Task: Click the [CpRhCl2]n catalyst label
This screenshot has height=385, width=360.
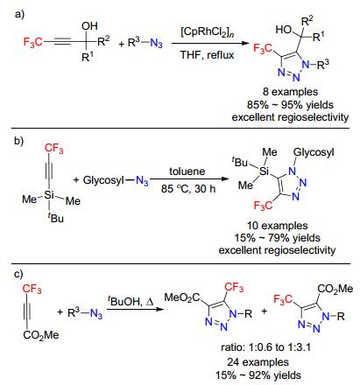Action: [208, 32]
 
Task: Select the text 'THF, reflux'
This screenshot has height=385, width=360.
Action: [207, 55]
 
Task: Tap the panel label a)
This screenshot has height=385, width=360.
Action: [19, 14]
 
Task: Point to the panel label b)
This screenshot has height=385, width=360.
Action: [19, 141]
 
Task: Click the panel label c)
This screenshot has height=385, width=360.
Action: [18, 274]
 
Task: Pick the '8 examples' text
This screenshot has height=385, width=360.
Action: [290, 92]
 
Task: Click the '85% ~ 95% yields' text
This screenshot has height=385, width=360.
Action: [290, 104]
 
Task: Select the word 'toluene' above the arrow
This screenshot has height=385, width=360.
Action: [187, 171]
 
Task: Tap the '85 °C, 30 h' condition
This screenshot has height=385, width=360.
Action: [188, 189]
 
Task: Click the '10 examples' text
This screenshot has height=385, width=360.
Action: [278, 226]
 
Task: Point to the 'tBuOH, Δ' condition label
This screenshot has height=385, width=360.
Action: [131, 301]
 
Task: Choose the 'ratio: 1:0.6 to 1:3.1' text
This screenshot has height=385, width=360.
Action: [265, 347]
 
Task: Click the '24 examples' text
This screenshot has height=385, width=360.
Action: [258, 362]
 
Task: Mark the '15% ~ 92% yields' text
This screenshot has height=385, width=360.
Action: [258, 375]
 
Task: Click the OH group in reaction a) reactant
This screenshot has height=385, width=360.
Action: [89, 26]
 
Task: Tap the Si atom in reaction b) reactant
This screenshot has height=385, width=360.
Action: [49, 194]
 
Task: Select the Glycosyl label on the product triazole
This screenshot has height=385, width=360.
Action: [314, 152]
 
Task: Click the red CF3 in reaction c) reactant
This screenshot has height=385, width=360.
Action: [32, 289]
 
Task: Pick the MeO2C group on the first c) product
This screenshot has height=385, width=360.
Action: [181, 297]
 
